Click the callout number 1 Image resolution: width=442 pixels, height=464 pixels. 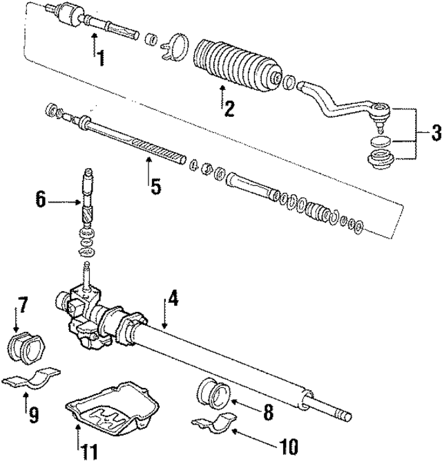pyautogui.click(x=100, y=59)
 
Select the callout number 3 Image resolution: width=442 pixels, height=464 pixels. pyautogui.click(x=434, y=133)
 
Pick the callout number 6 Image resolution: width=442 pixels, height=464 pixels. pyautogui.click(x=41, y=201)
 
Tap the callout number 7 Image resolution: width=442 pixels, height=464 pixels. pyautogui.click(x=22, y=304)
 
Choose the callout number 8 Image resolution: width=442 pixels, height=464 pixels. pyautogui.click(x=267, y=413)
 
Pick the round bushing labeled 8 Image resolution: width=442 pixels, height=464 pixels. pyautogui.click(x=213, y=395)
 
